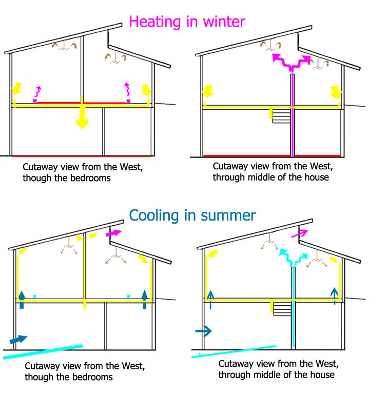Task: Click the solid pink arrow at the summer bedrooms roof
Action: point(112,234)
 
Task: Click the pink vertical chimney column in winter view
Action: point(293,115)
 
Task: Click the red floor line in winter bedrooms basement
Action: point(83,155)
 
